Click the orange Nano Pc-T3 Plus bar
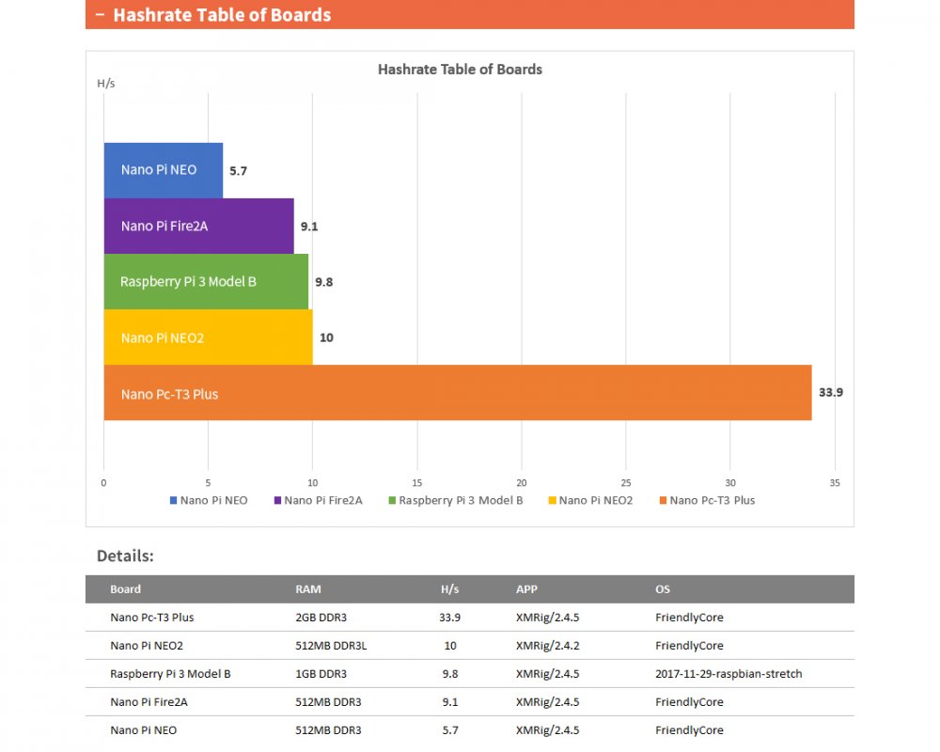coord(457,393)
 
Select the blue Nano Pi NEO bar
coord(163,170)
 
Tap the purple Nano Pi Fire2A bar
coord(198,226)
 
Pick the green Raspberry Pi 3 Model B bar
coord(206,281)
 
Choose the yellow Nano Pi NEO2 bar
coord(208,337)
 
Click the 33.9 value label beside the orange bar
coord(830,393)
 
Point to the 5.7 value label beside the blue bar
coord(238,171)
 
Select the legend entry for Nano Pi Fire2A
coord(318,500)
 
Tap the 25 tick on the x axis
coord(626,482)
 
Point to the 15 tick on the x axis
coord(417,482)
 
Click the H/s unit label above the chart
coord(106,83)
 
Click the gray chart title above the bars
coord(460,69)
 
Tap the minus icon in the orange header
coord(99,14)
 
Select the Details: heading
coord(125,556)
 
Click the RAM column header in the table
coord(308,589)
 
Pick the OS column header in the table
coord(663,589)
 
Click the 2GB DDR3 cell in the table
coord(321,618)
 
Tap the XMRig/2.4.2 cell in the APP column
coord(547,646)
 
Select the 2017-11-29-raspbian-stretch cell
coord(728,674)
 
